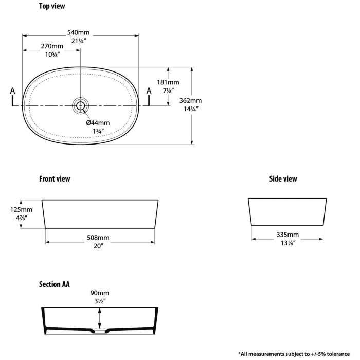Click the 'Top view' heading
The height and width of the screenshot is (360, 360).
coord(52,6)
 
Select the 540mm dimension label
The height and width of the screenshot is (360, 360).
coord(78,32)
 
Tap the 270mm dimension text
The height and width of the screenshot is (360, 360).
coord(52,46)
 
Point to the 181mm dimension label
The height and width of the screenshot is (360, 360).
coord(168,82)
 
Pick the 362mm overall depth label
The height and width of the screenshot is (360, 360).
coord(191,101)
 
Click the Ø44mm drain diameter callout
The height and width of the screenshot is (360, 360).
coord(98,123)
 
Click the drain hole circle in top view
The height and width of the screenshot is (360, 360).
coord(80,105)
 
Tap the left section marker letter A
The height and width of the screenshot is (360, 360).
coord(13,91)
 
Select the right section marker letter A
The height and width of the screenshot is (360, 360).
coord(149,91)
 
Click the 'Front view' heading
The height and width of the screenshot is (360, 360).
coord(55,179)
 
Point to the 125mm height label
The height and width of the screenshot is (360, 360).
coord(22,210)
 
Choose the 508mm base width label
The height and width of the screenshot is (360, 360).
coord(98,238)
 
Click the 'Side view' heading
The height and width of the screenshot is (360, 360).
coord(283,179)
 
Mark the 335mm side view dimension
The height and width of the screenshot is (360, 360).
coord(287,235)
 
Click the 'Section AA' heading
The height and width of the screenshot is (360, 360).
coord(54,284)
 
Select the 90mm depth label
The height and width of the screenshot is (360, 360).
coord(100,293)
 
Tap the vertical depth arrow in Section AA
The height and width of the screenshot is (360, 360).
coord(99,318)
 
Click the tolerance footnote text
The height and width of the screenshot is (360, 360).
coord(294,354)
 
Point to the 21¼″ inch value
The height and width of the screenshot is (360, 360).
coord(79,41)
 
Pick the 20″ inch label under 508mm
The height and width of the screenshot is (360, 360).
coord(99,246)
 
